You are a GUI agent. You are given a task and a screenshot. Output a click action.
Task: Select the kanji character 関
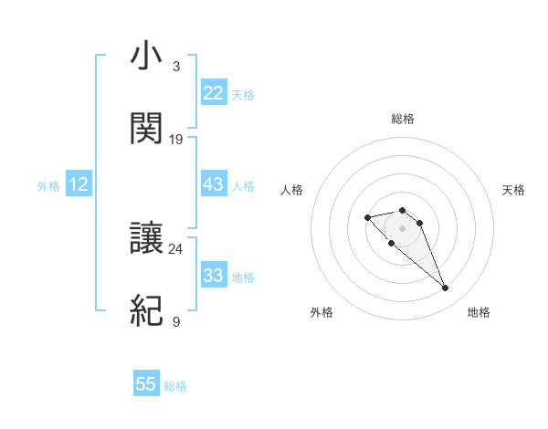coord(146,128)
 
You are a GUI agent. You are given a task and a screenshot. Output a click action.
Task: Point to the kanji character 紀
coord(146,310)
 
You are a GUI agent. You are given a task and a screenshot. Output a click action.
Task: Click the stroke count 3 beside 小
coord(176,67)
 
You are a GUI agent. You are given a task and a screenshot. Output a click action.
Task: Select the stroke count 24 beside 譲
coord(176,247)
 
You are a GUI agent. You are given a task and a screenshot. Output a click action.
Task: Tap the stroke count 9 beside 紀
coord(176,321)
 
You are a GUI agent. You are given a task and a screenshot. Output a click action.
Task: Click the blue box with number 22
coord(214,93)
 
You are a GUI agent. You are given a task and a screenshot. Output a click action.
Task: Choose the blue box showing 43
coord(214,184)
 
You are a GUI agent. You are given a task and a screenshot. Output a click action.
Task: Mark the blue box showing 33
coord(214,276)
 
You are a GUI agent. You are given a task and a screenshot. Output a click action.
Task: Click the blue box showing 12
coord(79,184)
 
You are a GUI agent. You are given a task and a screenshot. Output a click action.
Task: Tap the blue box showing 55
coord(146,384)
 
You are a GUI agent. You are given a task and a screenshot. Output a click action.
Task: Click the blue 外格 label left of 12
coord(48,185)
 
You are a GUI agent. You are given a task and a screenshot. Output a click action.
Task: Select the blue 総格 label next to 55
coord(175,386)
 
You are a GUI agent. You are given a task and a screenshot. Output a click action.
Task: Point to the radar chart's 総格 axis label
coord(403,119)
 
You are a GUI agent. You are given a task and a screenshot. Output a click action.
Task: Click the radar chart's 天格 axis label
coord(513,190)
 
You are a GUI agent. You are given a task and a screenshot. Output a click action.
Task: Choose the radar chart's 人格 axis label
coord(292,190)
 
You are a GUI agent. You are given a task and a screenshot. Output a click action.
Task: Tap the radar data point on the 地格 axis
coord(446,288)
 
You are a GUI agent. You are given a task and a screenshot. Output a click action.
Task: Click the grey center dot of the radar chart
coord(403,228)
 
